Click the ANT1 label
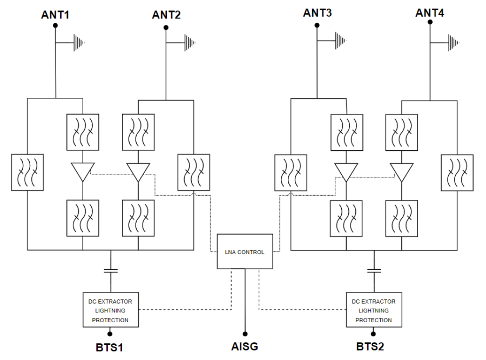point(56,15)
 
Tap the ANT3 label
point(317,12)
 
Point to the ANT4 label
point(430,12)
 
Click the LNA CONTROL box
point(245,251)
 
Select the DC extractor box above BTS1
point(110,310)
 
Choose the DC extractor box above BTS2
point(374,310)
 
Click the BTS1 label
point(110,347)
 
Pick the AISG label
point(245,346)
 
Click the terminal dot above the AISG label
point(245,334)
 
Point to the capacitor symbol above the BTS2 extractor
point(374,270)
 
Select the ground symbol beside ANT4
point(454,42)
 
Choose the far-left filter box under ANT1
point(28,172)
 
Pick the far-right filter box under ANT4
point(457,172)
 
